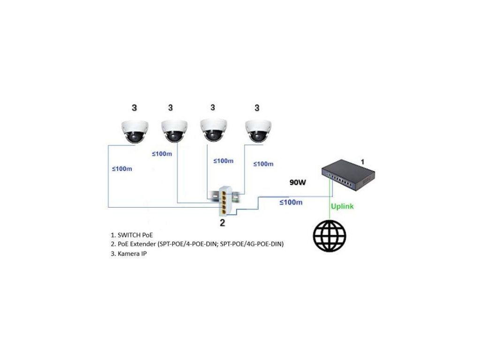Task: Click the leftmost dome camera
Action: coord(135,131)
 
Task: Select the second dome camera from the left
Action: coord(174,130)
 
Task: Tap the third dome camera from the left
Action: coord(213,130)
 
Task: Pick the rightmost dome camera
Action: coord(257,130)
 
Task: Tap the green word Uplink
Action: coord(342,206)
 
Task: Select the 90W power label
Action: coord(297,182)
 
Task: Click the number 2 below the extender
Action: coord(223,223)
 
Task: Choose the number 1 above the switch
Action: coord(362,161)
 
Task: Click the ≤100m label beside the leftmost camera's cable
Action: coord(122,169)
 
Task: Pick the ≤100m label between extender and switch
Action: coord(291,202)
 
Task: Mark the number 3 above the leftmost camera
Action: coord(135,108)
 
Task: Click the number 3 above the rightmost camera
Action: coord(256,108)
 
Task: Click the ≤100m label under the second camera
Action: coord(162,153)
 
